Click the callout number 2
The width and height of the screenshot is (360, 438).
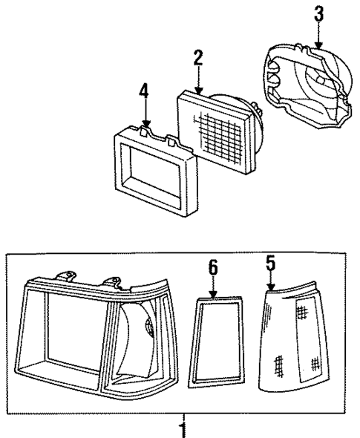[x=198, y=58]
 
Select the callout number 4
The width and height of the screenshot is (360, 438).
[x=144, y=92]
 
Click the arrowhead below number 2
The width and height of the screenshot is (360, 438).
[x=198, y=90]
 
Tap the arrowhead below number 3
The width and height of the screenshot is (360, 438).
[x=318, y=46]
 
